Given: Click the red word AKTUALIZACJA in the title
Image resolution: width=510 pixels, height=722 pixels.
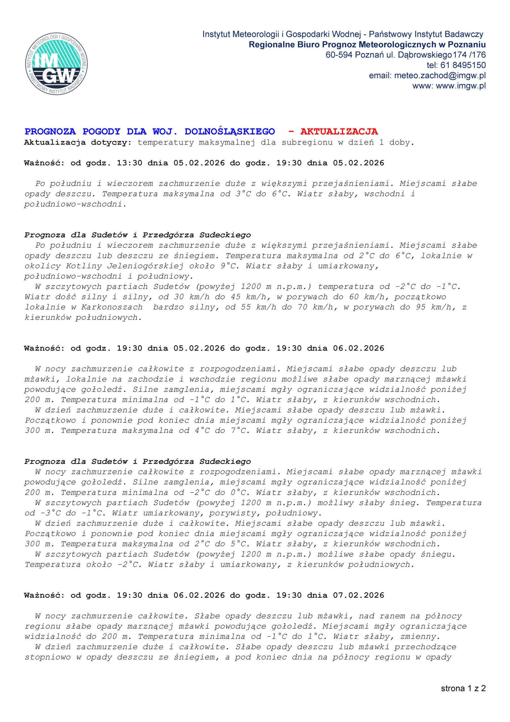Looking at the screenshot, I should click(x=339, y=131).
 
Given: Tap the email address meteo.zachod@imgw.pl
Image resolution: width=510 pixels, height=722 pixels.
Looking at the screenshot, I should click(x=440, y=76).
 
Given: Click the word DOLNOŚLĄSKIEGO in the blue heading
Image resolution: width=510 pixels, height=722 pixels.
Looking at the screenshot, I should click(x=229, y=131).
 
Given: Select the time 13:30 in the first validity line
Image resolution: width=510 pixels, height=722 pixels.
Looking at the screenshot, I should click(x=129, y=163).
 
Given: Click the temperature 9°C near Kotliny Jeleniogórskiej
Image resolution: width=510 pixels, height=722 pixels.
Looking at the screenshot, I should click(x=227, y=266).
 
